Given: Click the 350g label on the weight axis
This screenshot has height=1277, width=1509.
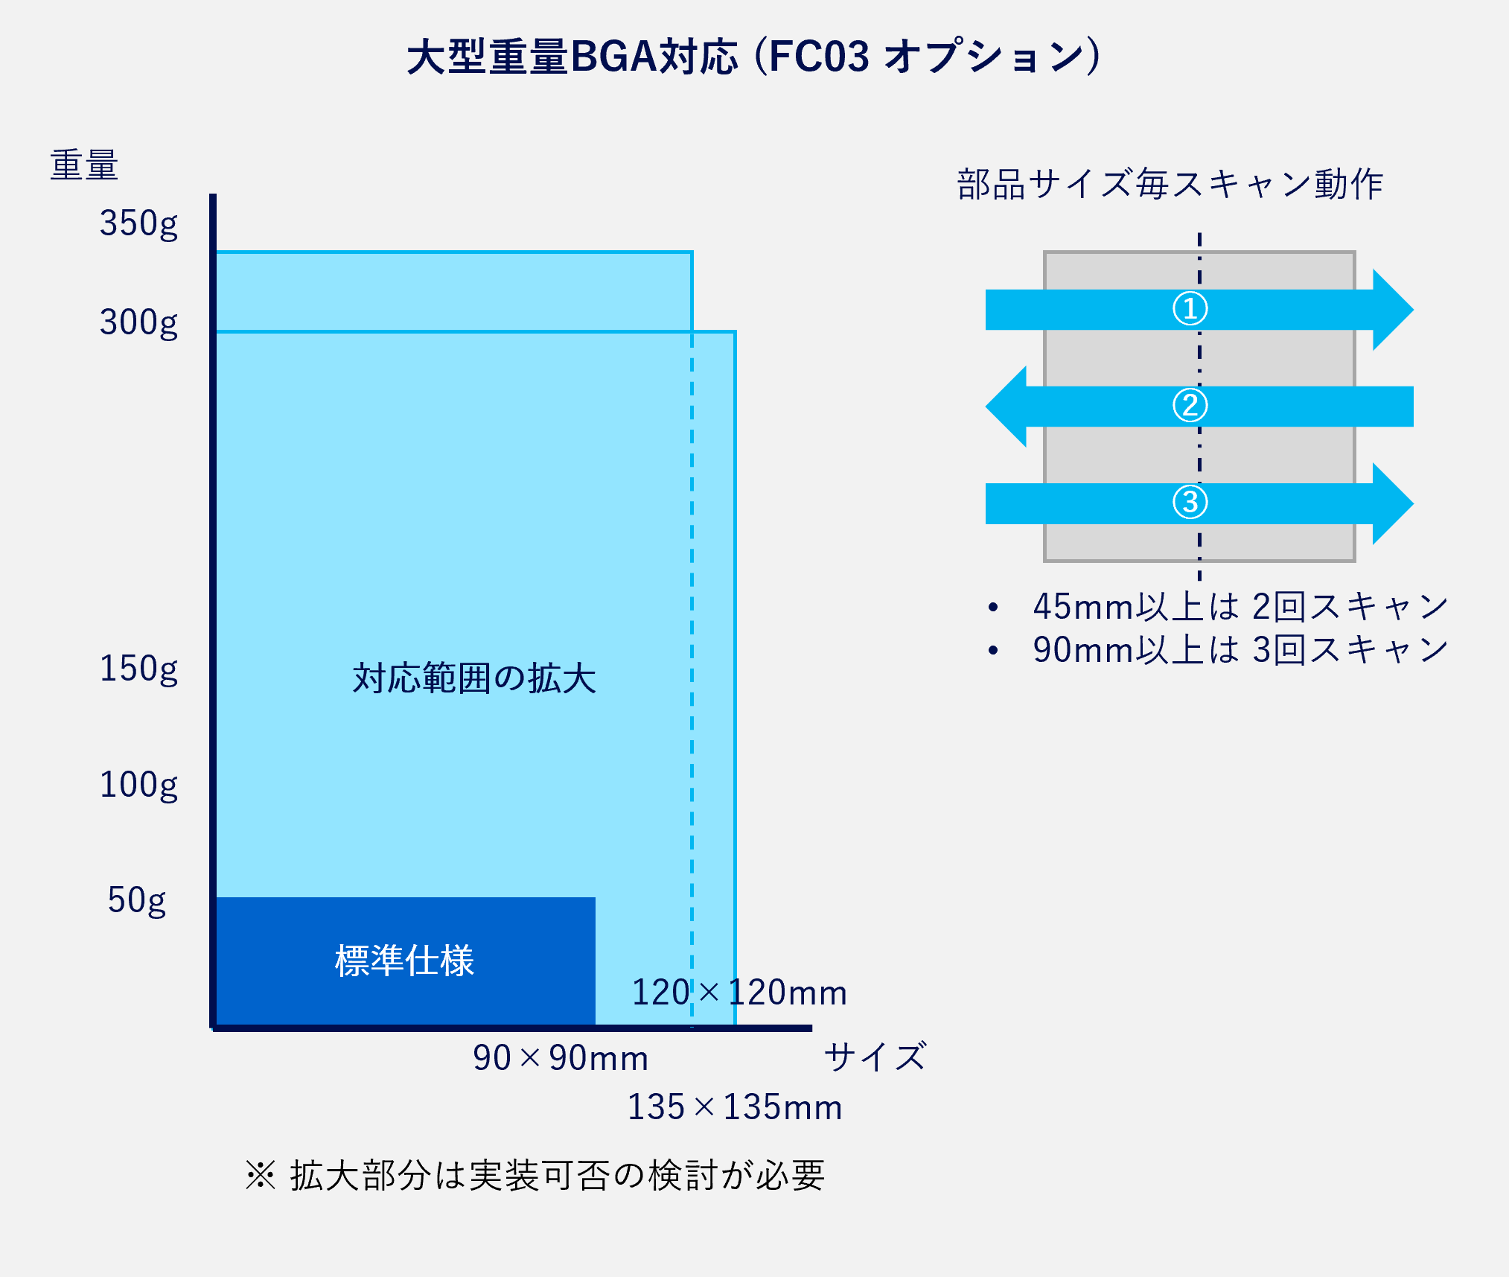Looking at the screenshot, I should (x=138, y=223).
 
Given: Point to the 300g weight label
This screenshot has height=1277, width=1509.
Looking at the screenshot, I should (x=138, y=323).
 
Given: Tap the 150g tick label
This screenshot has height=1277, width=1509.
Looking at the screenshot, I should (x=138, y=669).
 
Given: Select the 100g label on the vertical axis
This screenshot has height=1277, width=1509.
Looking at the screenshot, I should (x=138, y=785).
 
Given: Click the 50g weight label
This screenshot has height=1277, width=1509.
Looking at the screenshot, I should (x=137, y=900).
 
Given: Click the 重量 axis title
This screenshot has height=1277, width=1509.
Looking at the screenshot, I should (x=84, y=165).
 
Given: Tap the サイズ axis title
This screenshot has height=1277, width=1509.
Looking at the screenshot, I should (x=875, y=1057).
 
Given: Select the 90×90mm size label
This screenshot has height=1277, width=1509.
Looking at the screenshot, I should (x=561, y=1058).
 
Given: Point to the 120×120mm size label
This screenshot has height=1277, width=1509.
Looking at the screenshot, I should (x=739, y=993).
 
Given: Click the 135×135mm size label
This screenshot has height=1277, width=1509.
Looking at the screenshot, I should (x=735, y=1107).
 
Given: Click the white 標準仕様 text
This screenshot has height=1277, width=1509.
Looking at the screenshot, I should (x=404, y=961).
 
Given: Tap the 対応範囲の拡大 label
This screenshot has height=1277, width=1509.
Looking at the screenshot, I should (x=474, y=678).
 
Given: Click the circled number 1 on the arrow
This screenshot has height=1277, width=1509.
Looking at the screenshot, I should (x=1190, y=309).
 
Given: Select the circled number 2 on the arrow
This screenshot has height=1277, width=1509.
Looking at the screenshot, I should (x=1190, y=406).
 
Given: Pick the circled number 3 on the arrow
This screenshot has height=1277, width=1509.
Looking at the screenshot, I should (x=1190, y=503).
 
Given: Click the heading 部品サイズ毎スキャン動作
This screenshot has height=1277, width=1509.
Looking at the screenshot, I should (x=1170, y=185).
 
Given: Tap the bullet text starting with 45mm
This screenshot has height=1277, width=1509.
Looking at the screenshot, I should (x=1240, y=607).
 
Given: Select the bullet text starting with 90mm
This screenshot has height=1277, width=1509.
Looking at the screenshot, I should (x=1240, y=650).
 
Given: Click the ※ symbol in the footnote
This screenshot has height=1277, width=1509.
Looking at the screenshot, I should (x=261, y=1176).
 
